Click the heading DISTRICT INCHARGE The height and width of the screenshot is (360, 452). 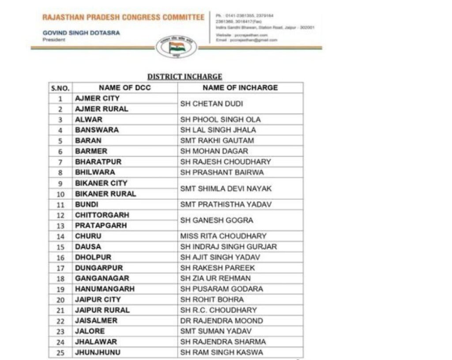click(185, 77)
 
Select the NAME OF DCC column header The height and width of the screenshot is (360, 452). click(124, 88)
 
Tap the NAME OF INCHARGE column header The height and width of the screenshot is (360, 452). click(240, 88)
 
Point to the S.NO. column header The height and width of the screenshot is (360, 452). click(60, 88)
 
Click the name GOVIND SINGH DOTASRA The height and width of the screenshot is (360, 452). click(81, 33)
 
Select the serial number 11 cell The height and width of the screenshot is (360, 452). click(61, 205)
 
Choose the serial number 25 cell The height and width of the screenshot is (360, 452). click(61, 352)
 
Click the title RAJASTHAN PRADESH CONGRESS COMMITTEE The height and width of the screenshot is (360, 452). click(123, 17)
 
